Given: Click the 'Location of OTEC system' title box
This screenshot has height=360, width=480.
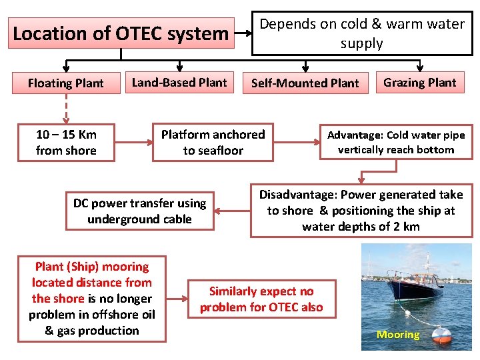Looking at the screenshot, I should [x=121, y=33].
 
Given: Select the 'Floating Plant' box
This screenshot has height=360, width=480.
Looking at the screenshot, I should [x=66, y=83].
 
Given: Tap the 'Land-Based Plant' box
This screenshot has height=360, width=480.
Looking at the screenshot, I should [x=179, y=83].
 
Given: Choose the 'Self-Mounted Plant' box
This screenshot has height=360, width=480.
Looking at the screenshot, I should [x=305, y=83].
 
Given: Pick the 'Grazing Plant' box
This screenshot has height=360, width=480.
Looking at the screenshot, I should [x=420, y=83].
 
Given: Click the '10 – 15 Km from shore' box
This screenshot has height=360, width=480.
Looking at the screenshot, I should [x=66, y=143].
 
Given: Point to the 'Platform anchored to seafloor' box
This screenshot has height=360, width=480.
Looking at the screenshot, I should [x=213, y=143].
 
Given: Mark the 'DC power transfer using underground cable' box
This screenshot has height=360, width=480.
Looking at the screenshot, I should [x=140, y=211].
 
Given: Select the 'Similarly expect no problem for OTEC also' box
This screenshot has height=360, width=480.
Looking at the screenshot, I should [x=261, y=299].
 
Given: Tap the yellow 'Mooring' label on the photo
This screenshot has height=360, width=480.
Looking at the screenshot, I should [x=398, y=335].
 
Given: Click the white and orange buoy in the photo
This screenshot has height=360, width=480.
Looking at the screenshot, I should [x=441, y=333].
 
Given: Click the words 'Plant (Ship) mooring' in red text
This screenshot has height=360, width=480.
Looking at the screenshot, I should [x=92, y=267].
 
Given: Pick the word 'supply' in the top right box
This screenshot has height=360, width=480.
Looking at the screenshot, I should [x=361, y=44].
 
